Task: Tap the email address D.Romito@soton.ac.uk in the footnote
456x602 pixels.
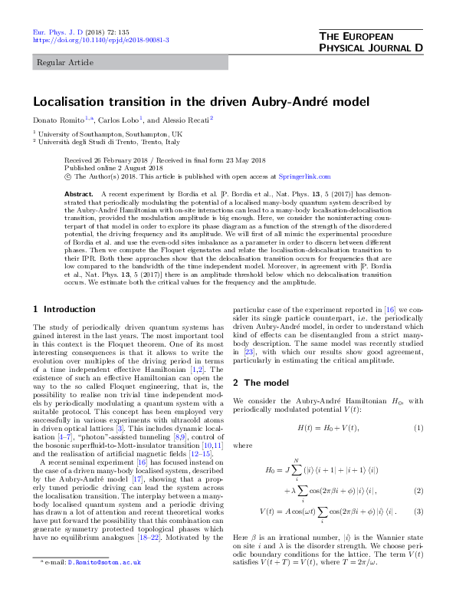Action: (x=105, y=584)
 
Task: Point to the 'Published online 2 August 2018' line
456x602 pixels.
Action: (x=113, y=167)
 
